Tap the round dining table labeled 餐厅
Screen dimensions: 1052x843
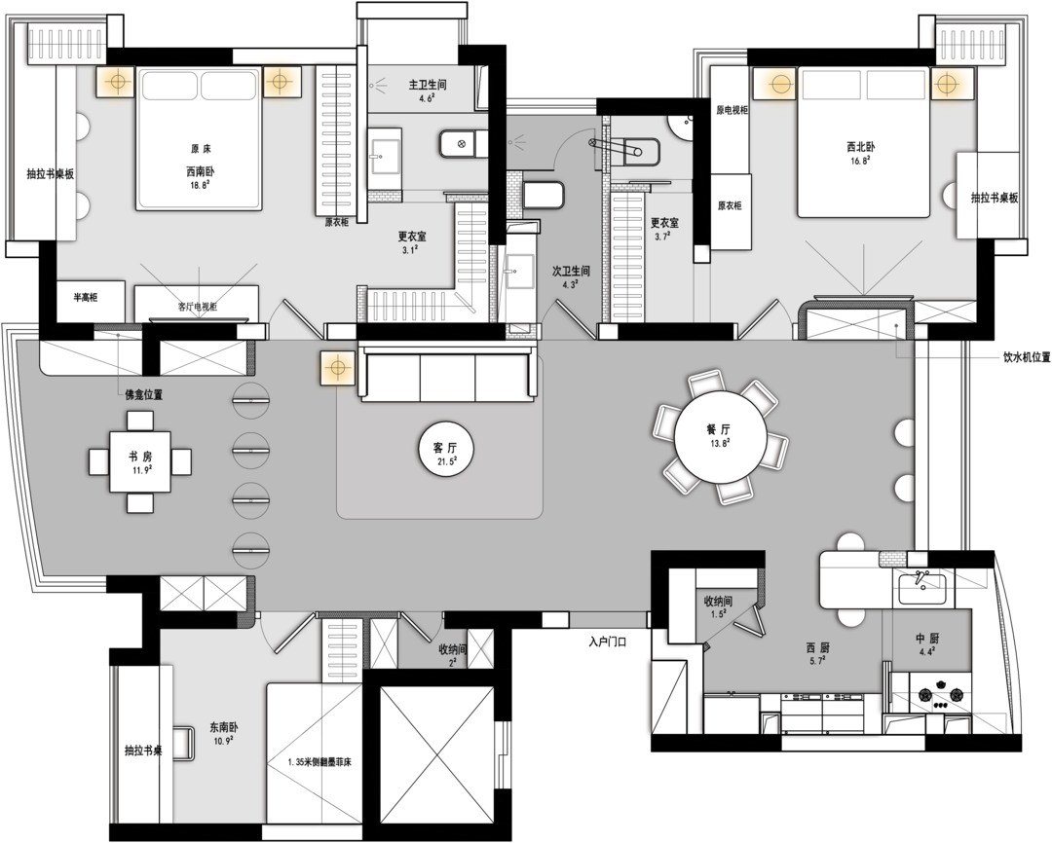(x=719, y=437)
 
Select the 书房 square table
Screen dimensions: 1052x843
(x=140, y=461)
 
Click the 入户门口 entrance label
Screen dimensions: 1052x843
(x=607, y=641)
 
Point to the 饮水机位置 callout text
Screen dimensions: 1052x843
(x=1027, y=357)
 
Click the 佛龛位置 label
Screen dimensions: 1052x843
(x=143, y=395)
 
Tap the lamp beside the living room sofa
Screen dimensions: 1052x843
(x=337, y=368)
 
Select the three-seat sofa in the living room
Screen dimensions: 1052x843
(x=447, y=372)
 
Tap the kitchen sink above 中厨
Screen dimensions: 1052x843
(x=922, y=588)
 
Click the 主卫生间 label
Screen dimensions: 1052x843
(x=428, y=85)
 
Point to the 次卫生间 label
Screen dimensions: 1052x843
(x=571, y=271)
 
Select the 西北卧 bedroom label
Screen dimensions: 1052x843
(x=860, y=146)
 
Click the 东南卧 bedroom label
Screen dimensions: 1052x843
(x=223, y=727)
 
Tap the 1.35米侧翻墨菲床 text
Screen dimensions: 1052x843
(x=319, y=762)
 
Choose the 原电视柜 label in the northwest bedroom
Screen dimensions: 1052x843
(x=732, y=110)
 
